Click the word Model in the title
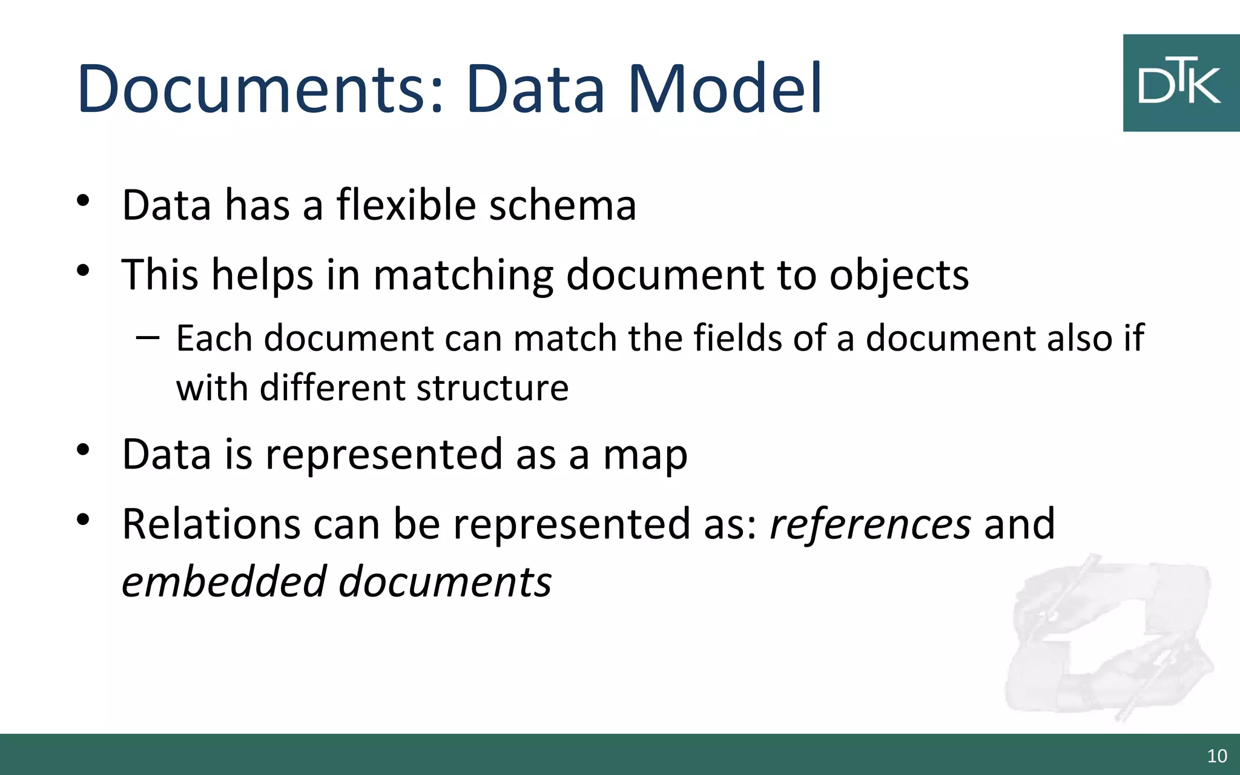click(x=725, y=90)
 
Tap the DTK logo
click(x=1181, y=83)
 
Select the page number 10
click(x=1217, y=756)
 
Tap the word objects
click(x=899, y=275)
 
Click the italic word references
click(x=870, y=524)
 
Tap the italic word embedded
click(x=225, y=582)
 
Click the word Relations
click(x=211, y=524)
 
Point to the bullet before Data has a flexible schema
click(x=83, y=200)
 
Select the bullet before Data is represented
click(x=83, y=450)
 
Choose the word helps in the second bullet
click(x=262, y=275)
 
